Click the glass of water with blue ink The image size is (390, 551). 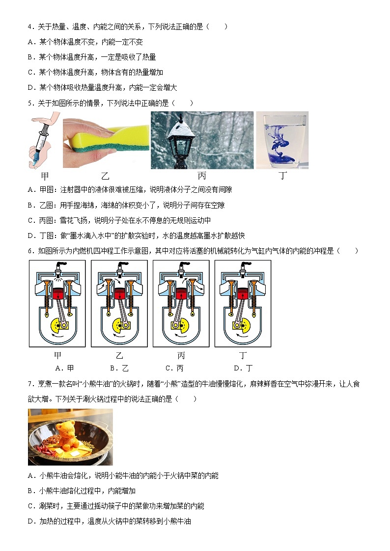(x=281, y=141)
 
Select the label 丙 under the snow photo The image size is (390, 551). (x=202, y=176)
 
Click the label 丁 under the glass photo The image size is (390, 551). (x=282, y=176)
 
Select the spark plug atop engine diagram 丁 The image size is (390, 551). (x=243, y=267)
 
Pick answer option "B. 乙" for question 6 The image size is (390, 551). (x=119, y=368)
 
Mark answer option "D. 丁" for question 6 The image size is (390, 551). (x=243, y=368)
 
